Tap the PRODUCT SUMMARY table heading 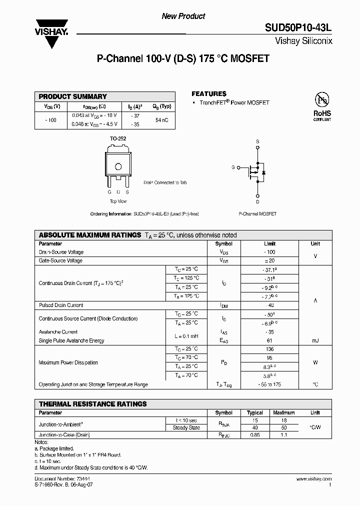(x=73, y=96)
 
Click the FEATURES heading (x=209, y=93)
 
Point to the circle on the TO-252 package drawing (x=118, y=166)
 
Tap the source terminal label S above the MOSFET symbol (x=257, y=141)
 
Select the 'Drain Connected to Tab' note (x=165, y=183)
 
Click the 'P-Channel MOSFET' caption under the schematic (x=257, y=213)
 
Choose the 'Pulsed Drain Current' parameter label (x=61, y=305)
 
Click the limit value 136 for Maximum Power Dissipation (x=269, y=349)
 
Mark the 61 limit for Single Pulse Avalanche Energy (x=269, y=340)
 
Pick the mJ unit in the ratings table (x=315, y=340)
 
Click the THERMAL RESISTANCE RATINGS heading (x=93, y=403)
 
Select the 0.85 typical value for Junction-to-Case (x=255, y=435)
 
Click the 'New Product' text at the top (x=183, y=16)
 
